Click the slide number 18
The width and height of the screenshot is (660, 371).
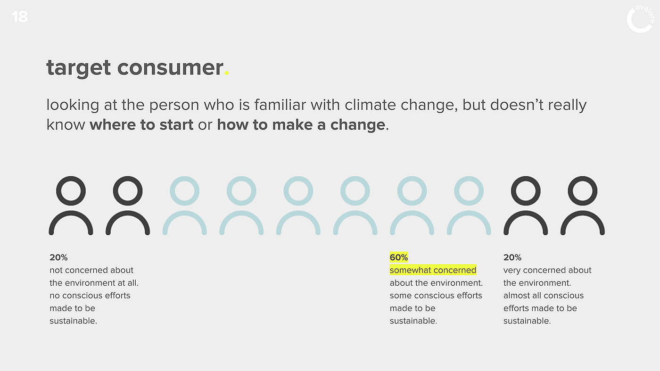click(x=20, y=17)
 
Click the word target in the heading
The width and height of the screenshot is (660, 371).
click(x=79, y=68)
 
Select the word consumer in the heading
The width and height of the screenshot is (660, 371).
click(x=170, y=67)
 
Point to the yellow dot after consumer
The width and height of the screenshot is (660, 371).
click(x=227, y=73)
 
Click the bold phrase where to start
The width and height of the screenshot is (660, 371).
click(x=141, y=124)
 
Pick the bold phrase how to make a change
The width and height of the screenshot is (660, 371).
click(x=301, y=125)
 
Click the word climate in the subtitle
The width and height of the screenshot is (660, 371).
click(x=370, y=105)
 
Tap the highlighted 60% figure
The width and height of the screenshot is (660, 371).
click(x=399, y=257)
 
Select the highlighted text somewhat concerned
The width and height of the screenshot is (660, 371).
click(x=433, y=270)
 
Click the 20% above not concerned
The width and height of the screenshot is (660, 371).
click(x=58, y=257)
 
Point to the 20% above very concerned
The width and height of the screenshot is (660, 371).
click(x=512, y=257)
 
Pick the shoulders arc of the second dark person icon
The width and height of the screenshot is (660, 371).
click(x=128, y=213)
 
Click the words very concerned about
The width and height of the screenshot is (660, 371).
click(x=547, y=270)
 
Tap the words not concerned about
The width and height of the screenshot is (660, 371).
click(x=91, y=270)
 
